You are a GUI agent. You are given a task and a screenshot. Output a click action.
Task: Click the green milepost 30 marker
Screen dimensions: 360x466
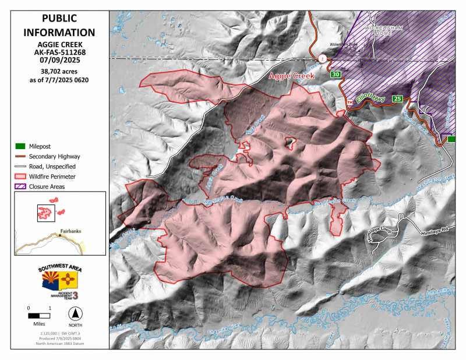335,75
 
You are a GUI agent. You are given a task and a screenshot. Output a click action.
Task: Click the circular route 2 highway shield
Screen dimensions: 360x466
322,58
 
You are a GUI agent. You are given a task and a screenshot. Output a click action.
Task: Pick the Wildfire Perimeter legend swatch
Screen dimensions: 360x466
20,176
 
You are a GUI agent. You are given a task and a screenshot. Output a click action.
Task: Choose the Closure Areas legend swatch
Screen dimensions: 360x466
20,186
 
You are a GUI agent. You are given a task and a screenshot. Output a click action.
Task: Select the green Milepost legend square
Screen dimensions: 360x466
20,146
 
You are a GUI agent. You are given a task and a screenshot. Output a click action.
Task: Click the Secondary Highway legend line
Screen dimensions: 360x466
20,156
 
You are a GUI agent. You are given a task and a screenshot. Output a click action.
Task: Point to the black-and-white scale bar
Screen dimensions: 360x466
38,315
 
